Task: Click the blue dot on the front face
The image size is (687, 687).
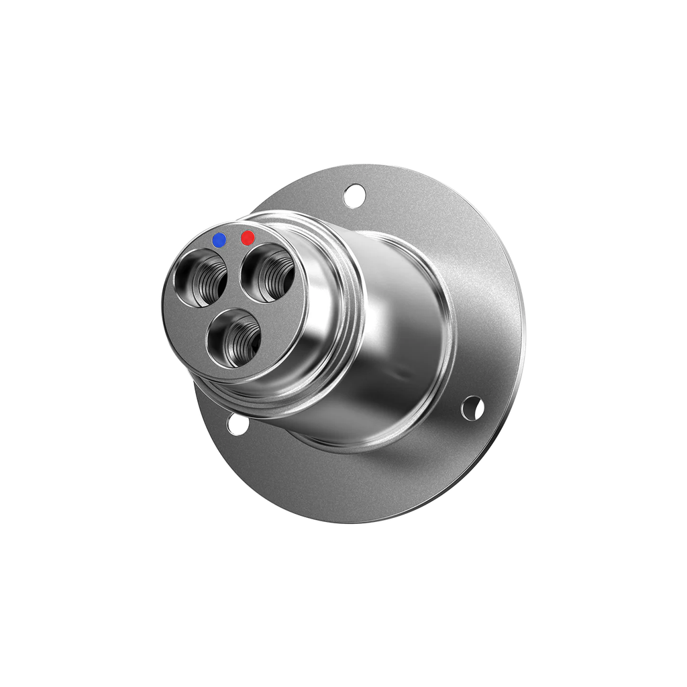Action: (x=219, y=240)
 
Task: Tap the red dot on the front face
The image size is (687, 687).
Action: (x=248, y=237)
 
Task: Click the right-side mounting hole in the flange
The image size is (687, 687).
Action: (x=473, y=407)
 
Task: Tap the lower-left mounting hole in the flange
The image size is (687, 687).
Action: (x=237, y=424)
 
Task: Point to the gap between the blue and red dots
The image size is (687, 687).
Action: (x=233, y=239)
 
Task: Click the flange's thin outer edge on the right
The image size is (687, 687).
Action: (x=523, y=335)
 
